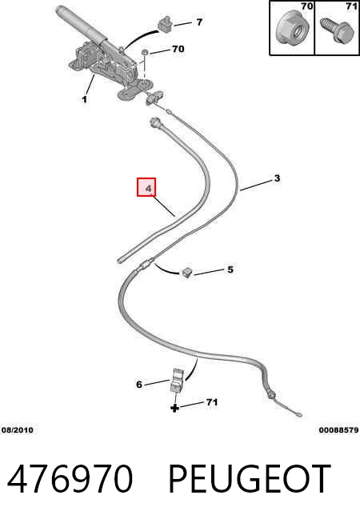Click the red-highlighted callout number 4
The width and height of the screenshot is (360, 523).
[x=149, y=189]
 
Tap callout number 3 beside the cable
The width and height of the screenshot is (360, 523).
[x=277, y=178]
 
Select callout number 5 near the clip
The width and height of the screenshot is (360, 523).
[x=230, y=269]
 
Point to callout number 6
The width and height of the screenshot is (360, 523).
[x=139, y=385]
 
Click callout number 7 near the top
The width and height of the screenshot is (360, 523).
[x=199, y=22]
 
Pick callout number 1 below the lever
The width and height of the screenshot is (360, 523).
[x=85, y=99]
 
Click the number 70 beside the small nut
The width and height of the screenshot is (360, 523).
[x=178, y=49]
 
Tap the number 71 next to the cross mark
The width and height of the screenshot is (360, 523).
[x=212, y=402]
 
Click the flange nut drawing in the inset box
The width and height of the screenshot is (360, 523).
[x=293, y=30]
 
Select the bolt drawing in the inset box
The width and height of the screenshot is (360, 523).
[x=337, y=30]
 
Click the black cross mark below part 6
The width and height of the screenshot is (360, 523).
[x=174, y=408]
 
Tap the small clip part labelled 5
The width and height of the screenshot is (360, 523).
[x=186, y=273]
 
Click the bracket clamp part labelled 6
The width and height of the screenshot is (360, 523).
[x=177, y=380]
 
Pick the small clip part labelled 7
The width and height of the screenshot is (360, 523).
[x=165, y=25]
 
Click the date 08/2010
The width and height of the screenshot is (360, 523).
[x=18, y=430]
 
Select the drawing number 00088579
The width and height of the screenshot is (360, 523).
[x=338, y=430]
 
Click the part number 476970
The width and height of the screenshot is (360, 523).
[x=70, y=479]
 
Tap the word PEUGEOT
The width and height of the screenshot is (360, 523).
[x=250, y=479]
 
